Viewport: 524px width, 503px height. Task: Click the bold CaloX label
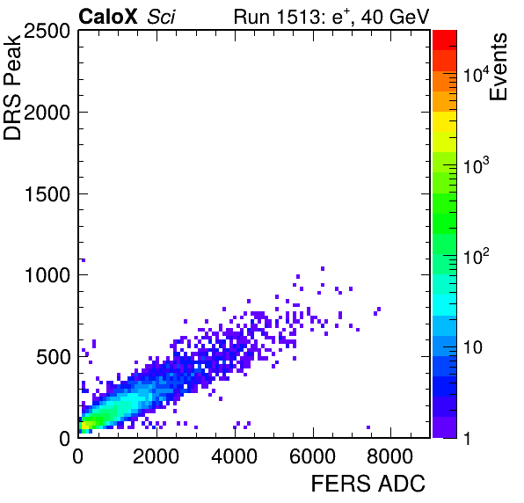107,16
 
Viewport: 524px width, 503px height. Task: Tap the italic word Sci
161,17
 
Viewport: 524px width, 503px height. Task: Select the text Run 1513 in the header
277,17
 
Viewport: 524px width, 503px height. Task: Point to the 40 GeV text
395,17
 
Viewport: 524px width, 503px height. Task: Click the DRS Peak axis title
12,87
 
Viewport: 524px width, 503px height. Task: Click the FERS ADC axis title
368,484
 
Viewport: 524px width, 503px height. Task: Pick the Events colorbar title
498,67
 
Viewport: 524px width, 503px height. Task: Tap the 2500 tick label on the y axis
47,31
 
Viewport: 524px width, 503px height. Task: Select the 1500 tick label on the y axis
47,194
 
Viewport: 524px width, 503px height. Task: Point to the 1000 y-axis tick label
47,275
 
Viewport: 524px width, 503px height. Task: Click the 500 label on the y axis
53,357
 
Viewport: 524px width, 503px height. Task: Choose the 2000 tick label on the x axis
156,456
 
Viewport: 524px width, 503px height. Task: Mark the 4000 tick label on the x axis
234,456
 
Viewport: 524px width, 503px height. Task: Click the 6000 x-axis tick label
312,456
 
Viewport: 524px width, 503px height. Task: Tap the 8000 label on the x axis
390,456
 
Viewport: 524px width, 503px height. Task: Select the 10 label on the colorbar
473,348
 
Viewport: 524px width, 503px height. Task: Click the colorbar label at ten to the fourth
477,74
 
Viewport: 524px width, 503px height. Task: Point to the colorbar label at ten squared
477,257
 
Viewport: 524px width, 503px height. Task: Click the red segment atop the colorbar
445,40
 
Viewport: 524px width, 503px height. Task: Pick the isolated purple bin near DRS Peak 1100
84,260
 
